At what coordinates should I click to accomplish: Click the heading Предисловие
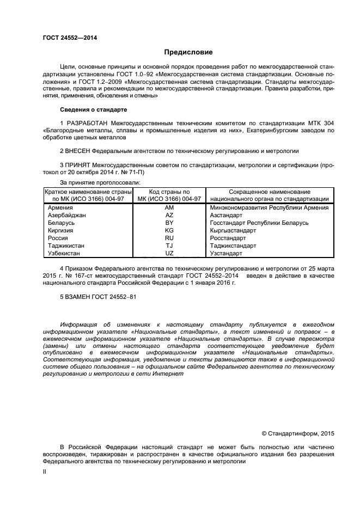coord(188,52)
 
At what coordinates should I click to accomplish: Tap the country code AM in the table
coord(169,208)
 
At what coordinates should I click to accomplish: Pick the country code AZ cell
coord(169,216)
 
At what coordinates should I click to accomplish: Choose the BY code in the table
coord(169,223)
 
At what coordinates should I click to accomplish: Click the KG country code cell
coord(169,231)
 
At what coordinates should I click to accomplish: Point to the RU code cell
coord(169,238)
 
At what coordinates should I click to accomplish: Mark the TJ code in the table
coord(169,246)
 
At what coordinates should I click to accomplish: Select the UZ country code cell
coord(169,254)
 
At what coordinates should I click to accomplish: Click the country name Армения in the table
coord(60,208)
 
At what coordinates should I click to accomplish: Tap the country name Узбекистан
coord(64,254)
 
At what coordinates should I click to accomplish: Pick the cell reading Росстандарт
coord(228,238)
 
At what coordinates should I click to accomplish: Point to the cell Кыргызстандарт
coord(233,231)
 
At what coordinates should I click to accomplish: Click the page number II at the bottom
coord(45,473)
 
